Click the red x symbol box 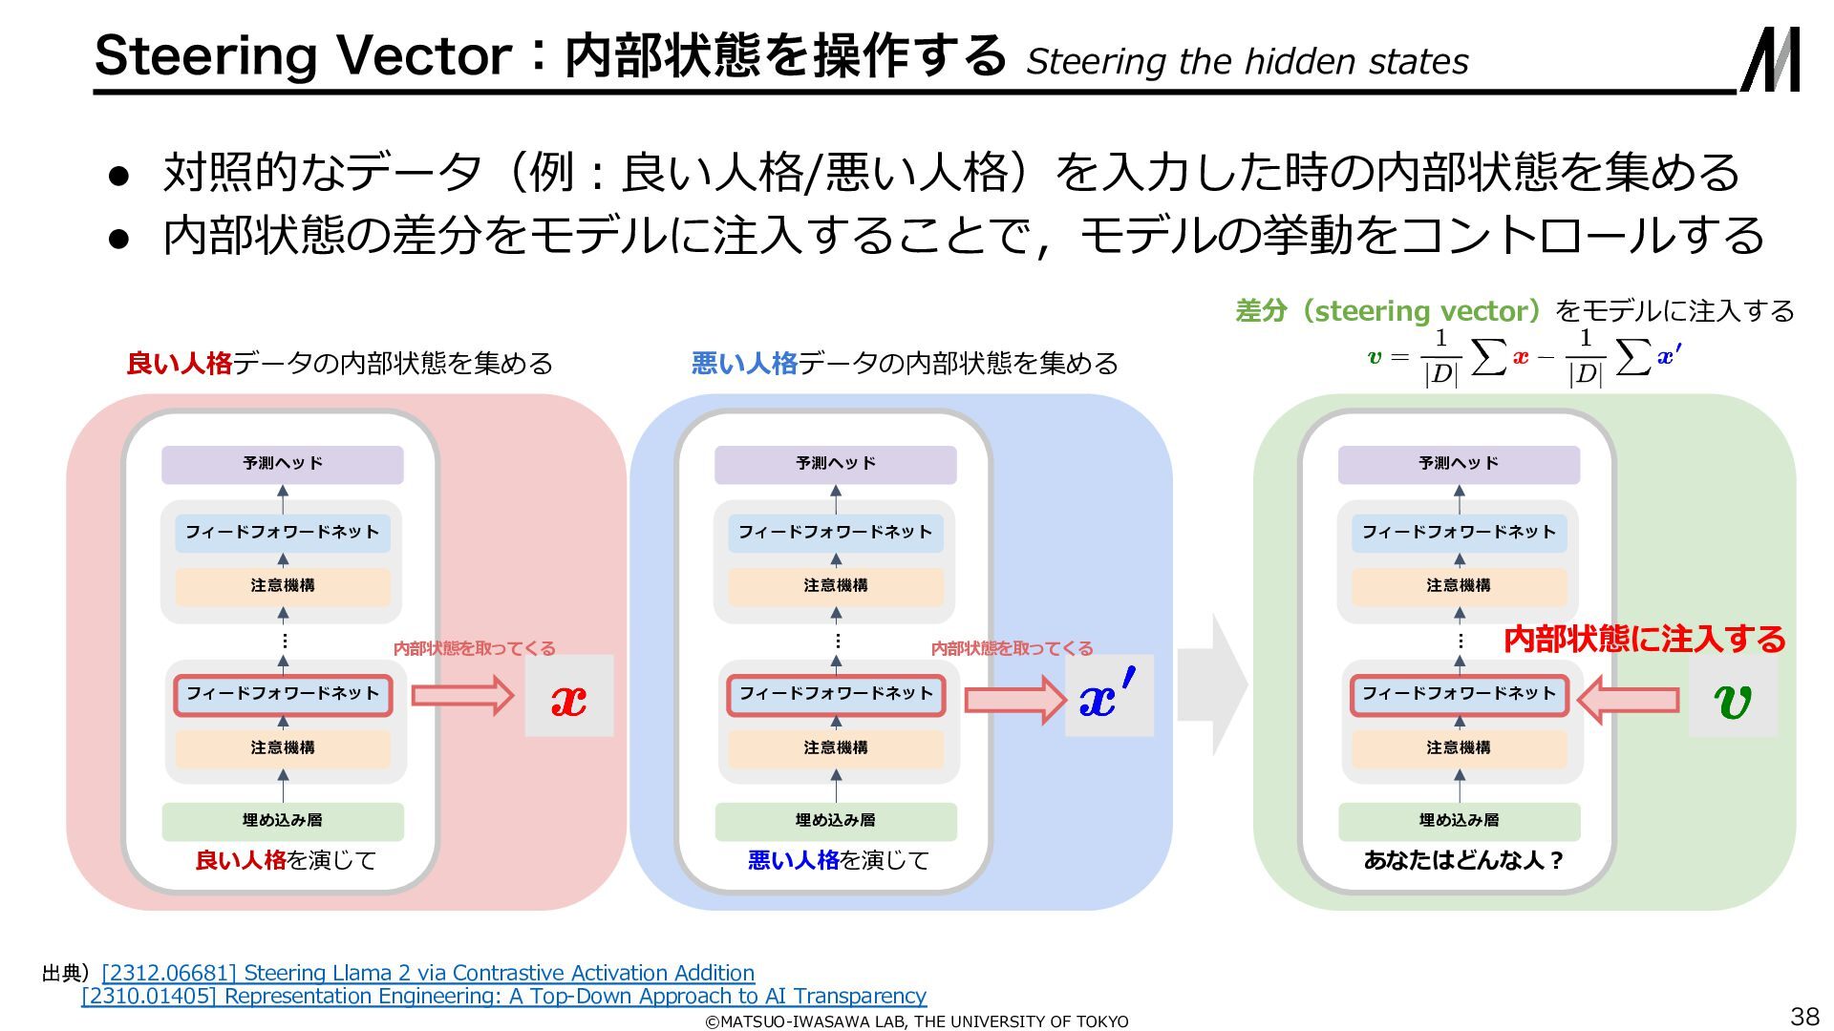[568, 696]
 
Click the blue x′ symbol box [1109, 696]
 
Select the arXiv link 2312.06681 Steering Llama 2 [428, 973]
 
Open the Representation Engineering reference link [503, 996]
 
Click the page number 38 [1804, 1016]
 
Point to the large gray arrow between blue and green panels [1212, 684]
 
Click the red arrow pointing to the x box [462, 695]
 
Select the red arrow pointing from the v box [1628, 700]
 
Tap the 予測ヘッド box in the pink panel [283, 464]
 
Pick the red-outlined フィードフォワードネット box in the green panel [1459, 694]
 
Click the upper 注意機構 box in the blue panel [836, 586]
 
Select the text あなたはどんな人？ [1462, 860]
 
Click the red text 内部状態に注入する [1644, 639]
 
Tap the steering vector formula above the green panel [1525, 358]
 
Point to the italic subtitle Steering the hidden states [1247, 61]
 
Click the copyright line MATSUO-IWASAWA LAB [916, 1021]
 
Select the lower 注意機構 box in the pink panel [283, 748]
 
